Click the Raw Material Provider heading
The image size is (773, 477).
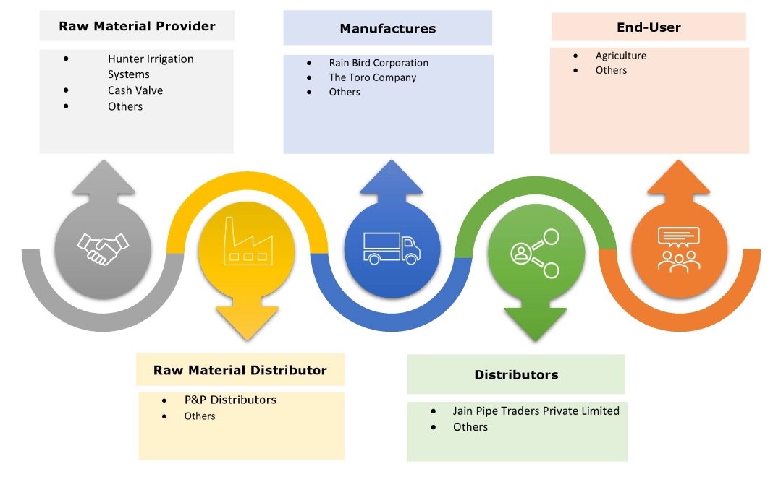pyautogui.click(x=137, y=26)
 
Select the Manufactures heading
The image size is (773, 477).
pyautogui.click(x=387, y=29)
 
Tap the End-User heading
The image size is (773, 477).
pyautogui.click(x=649, y=27)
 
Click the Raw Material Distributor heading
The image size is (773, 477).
pyautogui.click(x=240, y=370)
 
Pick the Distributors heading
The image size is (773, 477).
pyautogui.click(x=516, y=374)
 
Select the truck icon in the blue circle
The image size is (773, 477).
pyautogui.click(x=392, y=249)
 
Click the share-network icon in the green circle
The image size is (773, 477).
pyautogui.click(x=536, y=253)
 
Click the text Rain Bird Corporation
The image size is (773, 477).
pyautogui.click(x=379, y=63)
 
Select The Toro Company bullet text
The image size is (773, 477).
pyautogui.click(x=373, y=77)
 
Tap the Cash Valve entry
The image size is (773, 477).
pyautogui.click(x=135, y=90)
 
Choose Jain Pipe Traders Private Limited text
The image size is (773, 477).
pyautogui.click(x=536, y=411)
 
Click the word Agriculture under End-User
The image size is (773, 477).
pyautogui.click(x=621, y=56)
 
